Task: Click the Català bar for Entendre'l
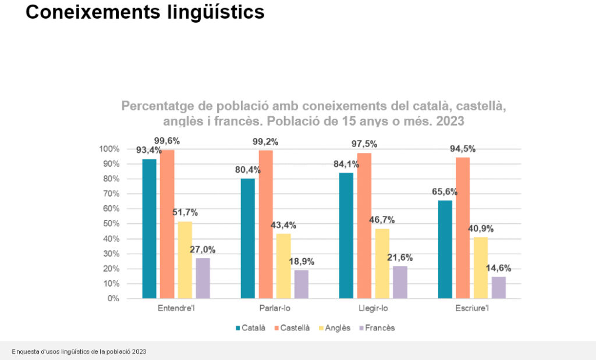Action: [150, 229]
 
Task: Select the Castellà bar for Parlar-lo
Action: [265, 224]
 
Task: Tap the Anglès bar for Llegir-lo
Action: [382, 263]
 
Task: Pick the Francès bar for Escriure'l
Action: [498, 287]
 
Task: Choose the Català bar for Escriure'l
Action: [445, 249]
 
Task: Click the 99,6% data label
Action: [167, 141]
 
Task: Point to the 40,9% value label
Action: [481, 229]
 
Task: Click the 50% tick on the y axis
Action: [112, 224]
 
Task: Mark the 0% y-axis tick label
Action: [113, 298]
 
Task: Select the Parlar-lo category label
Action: [275, 308]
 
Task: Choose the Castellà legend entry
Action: [295, 328]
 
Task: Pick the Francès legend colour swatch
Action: [362, 328]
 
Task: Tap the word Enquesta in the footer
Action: [24, 352]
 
